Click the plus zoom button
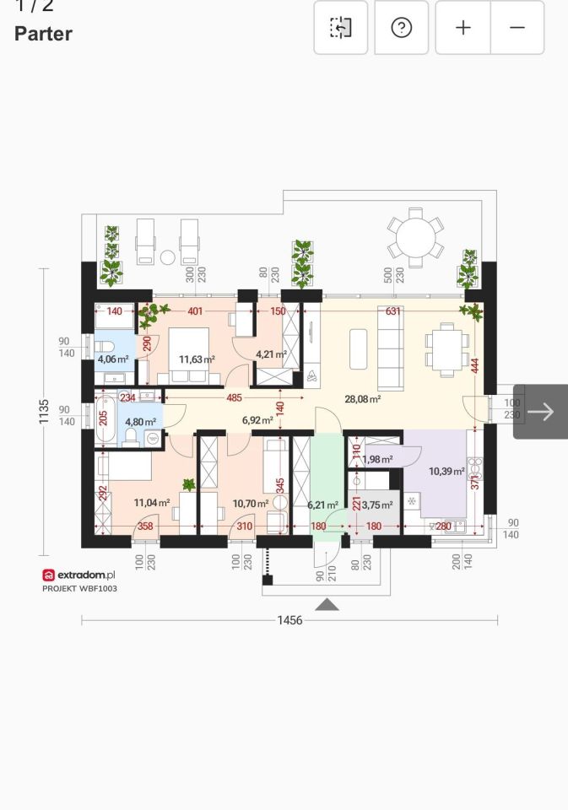[463, 27]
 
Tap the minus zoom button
[517, 27]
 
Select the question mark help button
[402, 27]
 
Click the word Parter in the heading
[43, 34]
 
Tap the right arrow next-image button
[541, 412]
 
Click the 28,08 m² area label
[363, 399]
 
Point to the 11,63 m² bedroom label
[197, 359]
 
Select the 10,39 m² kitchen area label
[446, 471]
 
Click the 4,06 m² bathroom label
[113, 359]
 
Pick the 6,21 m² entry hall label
[323, 505]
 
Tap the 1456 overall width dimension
[289, 620]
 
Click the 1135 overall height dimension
[44, 411]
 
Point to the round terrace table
[415, 238]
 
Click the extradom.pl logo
[78, 575]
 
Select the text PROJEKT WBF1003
[79, 588]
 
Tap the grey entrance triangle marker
[327, 604]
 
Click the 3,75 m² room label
[376, 505]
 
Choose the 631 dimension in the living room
[392, 311]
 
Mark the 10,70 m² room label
[251, 504]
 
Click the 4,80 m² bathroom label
[141, 422]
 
